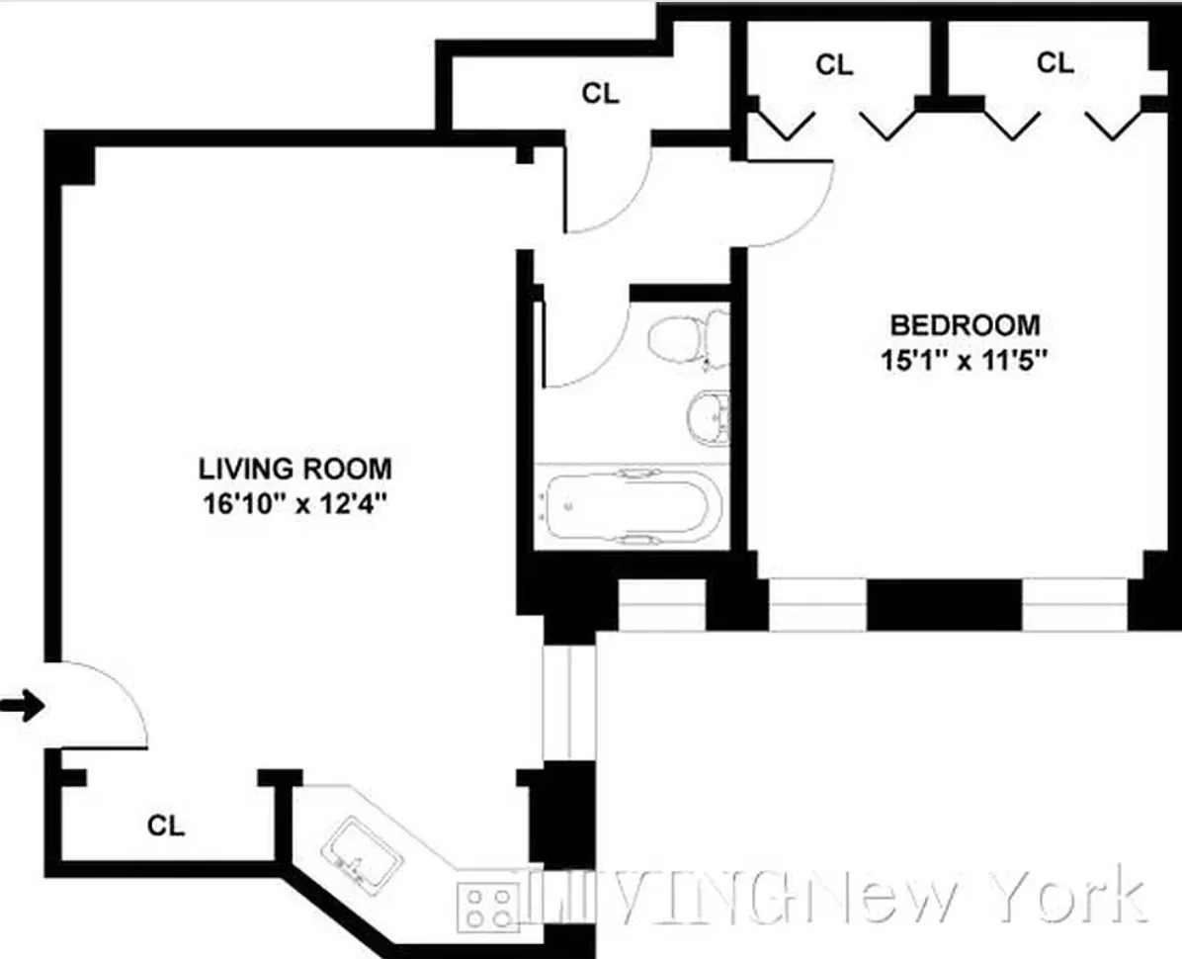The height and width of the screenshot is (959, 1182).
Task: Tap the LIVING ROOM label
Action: pyautogui.click(x=295, y=467)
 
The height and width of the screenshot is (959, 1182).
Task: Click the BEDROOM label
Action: pyautogui.click(x=965, y=324)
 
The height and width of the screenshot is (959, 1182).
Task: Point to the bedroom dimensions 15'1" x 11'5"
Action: pyautogui.click(x=965, y=360)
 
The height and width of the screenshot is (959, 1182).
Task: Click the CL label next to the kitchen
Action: pyautogui.click(x=166, y=825)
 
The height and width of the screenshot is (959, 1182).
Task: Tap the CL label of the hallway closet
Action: pyautogui.click(x=600, y=94)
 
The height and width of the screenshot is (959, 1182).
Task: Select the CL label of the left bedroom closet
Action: pyautogui.click(x=833, y=65)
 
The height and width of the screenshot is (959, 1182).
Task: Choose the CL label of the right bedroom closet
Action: pyautogui.click(x=1055, y=62)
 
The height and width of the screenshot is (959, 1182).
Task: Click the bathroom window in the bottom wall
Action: pyautogui.click(x=661, y=604)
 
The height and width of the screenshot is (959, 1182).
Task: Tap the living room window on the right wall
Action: pyautogui.click(x=568, y=703)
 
